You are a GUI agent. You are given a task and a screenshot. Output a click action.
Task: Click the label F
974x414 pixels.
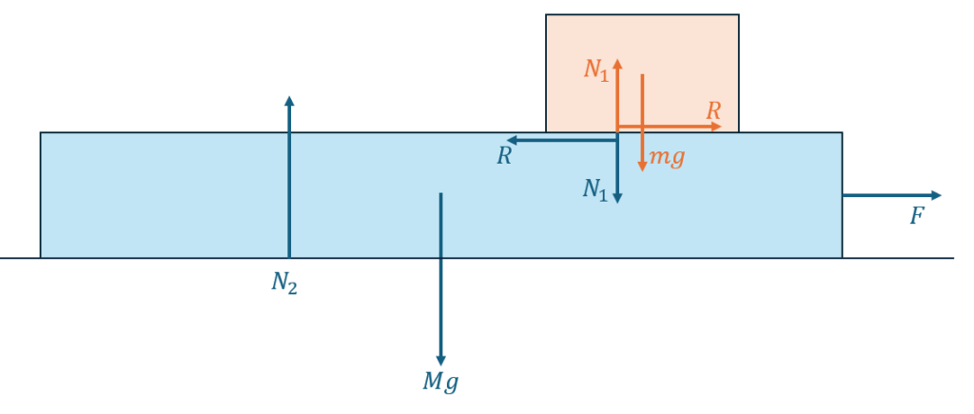coord(917,217)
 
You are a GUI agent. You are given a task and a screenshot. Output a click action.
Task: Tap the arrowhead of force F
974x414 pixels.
coord(937,195)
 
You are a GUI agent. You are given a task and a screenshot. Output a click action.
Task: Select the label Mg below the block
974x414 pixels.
coord(440,383)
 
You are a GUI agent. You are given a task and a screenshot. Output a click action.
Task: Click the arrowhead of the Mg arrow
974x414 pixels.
coord(440,361)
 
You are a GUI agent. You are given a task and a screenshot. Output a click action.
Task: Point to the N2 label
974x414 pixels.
coord(284,283)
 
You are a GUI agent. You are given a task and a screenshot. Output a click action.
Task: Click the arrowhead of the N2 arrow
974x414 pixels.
coord(289,100)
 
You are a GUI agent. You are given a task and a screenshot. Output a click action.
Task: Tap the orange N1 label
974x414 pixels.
coord(596,69)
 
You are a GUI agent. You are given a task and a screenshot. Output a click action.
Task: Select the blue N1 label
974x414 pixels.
coord(595,190)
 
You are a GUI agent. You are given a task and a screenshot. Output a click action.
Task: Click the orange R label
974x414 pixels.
coord(713,110)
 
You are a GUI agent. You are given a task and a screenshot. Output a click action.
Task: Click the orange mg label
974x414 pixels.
coord(667,157)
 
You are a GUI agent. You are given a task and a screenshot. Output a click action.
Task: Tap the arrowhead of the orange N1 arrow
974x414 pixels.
coord(617,64)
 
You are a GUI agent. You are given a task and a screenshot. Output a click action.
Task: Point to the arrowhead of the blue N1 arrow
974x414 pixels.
coord(617,198)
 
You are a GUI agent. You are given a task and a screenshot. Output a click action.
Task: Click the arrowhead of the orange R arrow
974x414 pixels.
coord(718,127)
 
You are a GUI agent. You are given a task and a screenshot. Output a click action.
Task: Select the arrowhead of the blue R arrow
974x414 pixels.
coord(511,141)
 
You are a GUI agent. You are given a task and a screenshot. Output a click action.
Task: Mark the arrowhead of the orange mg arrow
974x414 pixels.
coord(642,167)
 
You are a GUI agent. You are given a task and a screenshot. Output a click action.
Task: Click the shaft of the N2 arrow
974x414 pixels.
coord(289,181)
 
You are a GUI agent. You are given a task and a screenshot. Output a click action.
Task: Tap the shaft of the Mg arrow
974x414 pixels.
coord(440,276)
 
